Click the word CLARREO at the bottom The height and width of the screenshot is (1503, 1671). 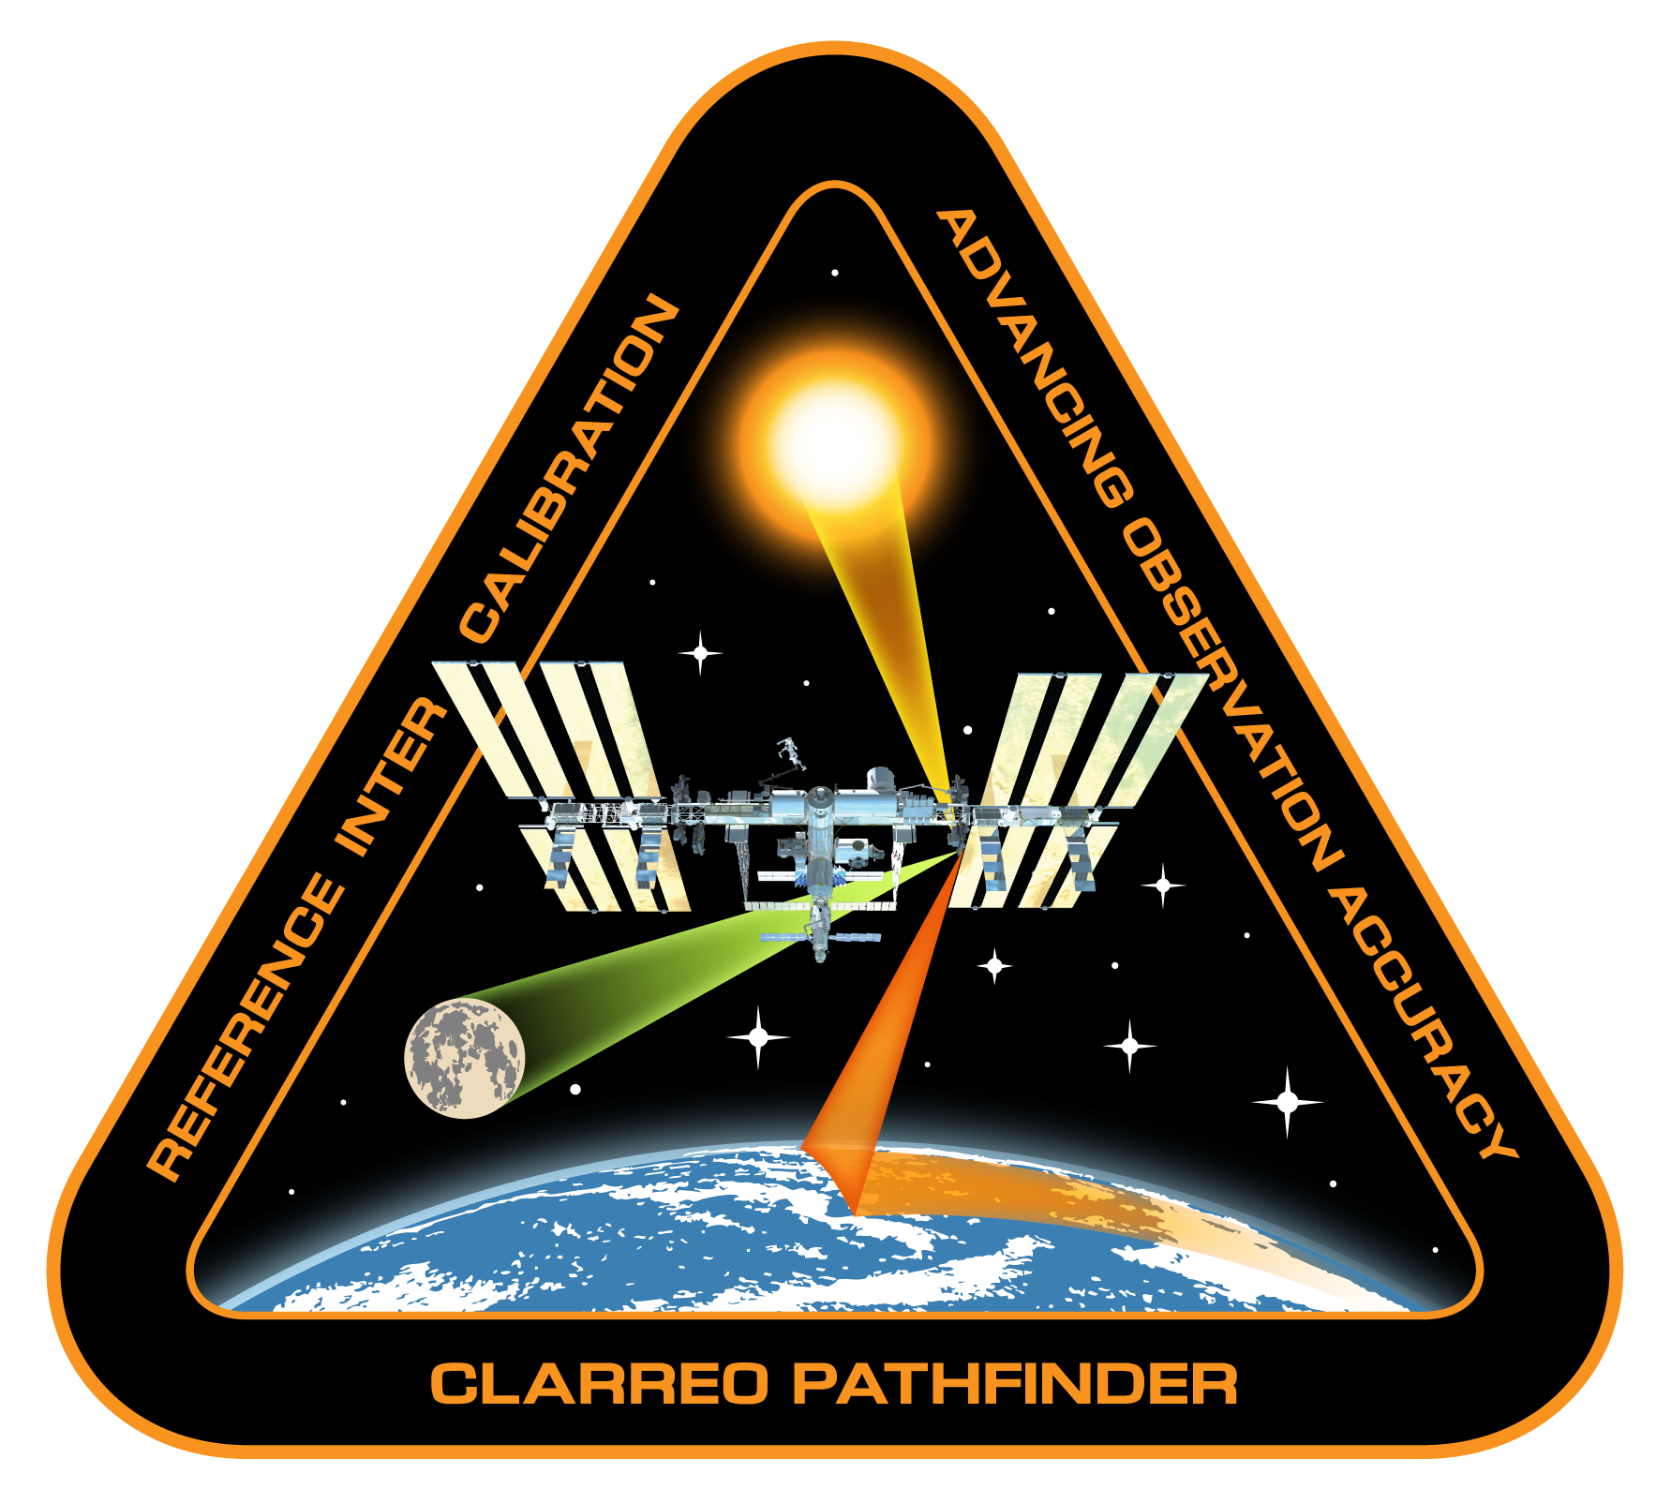pyautogui.click(x=601, y=1384)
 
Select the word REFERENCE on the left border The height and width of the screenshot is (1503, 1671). pyautogui.click(x=245, y=1027)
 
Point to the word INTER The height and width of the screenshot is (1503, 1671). pyautogui.click(x=393, y=778)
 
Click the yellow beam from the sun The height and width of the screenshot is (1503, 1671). pyautogui.click(x=881, y=637)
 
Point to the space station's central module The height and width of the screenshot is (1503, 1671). pyautogui.click(x=821, y=825)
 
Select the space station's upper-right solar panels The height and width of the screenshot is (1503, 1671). pyautogui.click(x=1092, y=740)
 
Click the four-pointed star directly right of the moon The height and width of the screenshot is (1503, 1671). pyautogui.click(x=758, y=1037)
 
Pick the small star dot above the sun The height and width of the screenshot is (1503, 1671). pyautogui.click(x=834, y=273)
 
